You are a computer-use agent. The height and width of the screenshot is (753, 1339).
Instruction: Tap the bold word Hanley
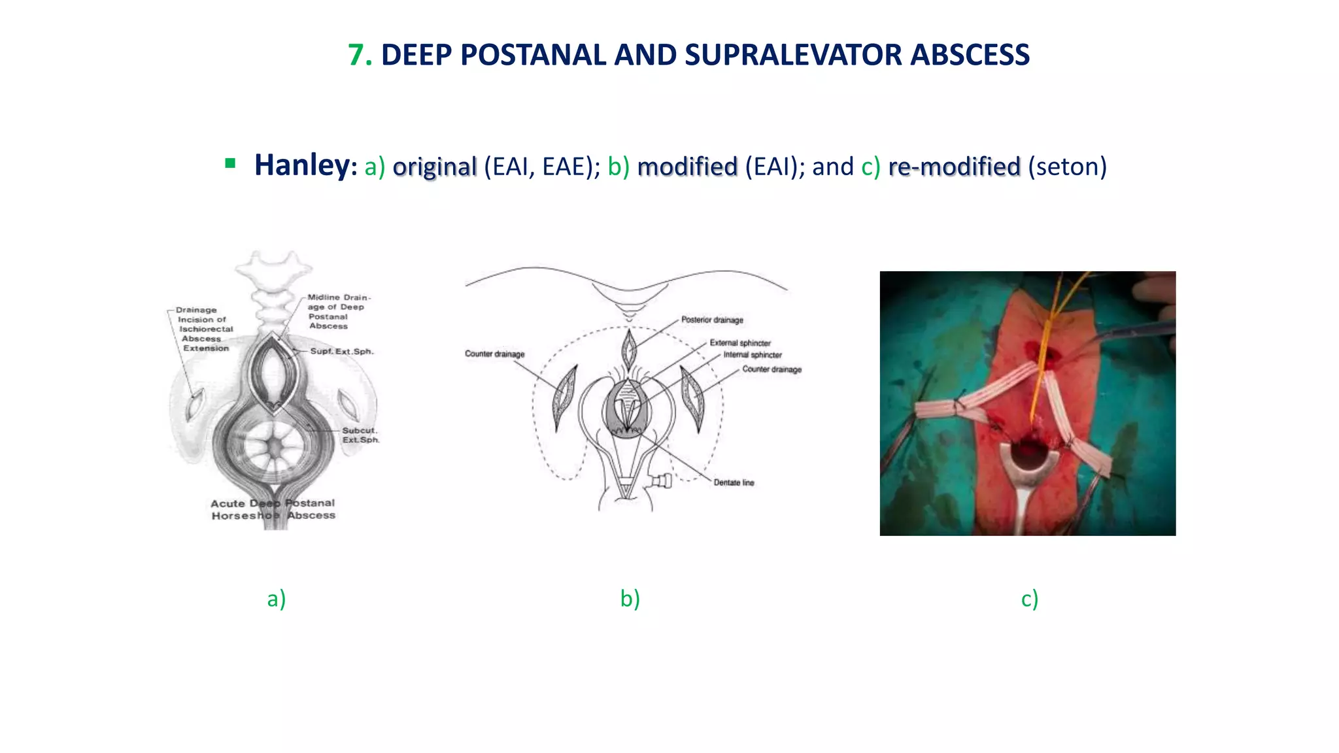[x=303, y=165]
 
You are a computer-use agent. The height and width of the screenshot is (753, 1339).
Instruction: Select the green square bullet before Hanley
[x=230, y=163]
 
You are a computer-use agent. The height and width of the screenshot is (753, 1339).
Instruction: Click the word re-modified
[x=954, y=167]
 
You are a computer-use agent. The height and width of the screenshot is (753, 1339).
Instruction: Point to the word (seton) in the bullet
[x=1067, y=167]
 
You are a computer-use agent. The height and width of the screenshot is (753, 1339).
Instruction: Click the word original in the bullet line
[x=435, y=167]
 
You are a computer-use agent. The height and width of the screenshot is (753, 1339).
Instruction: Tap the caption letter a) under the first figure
[x=277, y=598]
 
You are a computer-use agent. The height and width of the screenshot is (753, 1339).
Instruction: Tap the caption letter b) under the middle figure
[x=630, y=598]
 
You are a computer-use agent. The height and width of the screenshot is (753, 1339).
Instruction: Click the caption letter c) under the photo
[x=1030, y=598]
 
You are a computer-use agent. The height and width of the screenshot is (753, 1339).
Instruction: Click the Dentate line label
[x=734, y=482]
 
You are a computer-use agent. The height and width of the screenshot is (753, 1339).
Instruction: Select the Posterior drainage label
[x=712, y=320]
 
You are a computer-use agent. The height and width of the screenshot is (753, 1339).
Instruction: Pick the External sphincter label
[x=740, y=343]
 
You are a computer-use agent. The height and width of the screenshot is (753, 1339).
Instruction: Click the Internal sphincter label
[x=752, y=355]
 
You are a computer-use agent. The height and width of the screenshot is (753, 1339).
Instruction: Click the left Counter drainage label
[x=494, y=354]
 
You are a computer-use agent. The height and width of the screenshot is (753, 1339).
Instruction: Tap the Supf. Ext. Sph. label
[x=341, y=351]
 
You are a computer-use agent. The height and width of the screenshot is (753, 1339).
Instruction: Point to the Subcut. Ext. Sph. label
[x=360, y=435]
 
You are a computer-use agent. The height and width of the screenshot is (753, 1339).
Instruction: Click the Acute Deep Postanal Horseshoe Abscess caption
[x=273, y=509]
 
